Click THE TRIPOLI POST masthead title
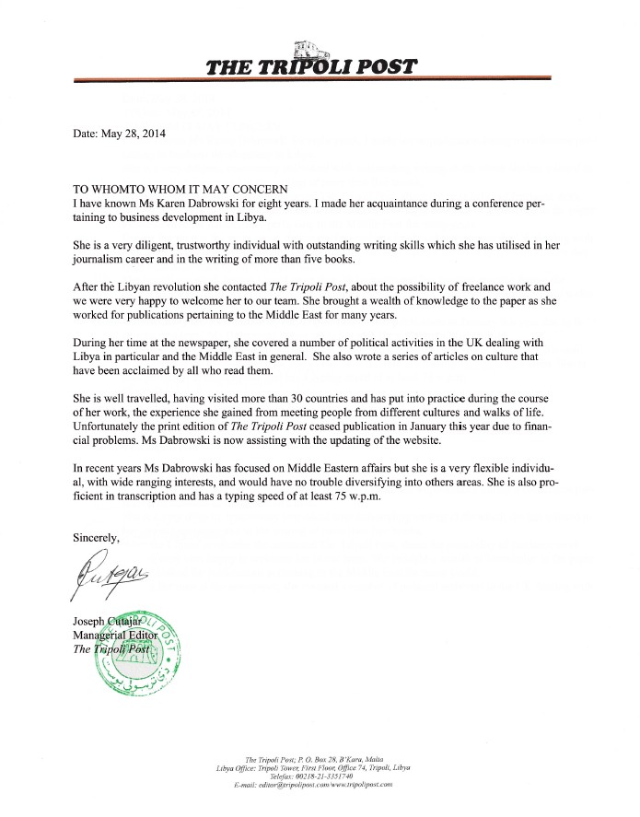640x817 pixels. [312, 65]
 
